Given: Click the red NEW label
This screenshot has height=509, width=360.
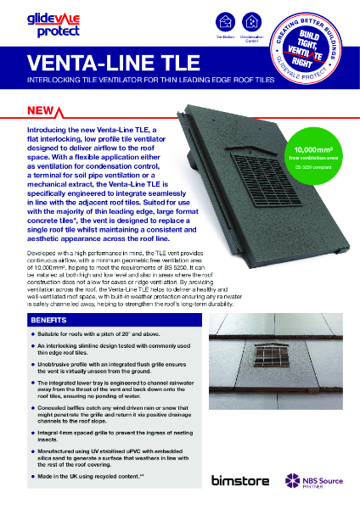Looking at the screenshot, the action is pyautogui.click(x=42, y=111).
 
